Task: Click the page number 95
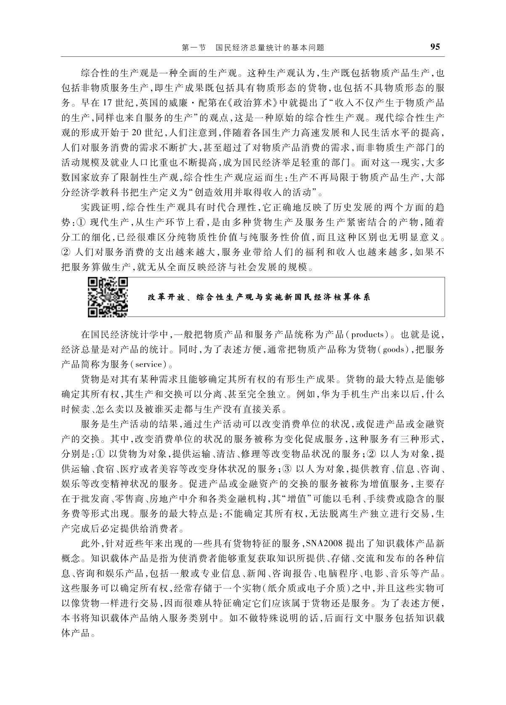click(435, 47)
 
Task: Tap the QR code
click(108, 296)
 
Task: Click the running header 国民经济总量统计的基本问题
click(270, 48)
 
